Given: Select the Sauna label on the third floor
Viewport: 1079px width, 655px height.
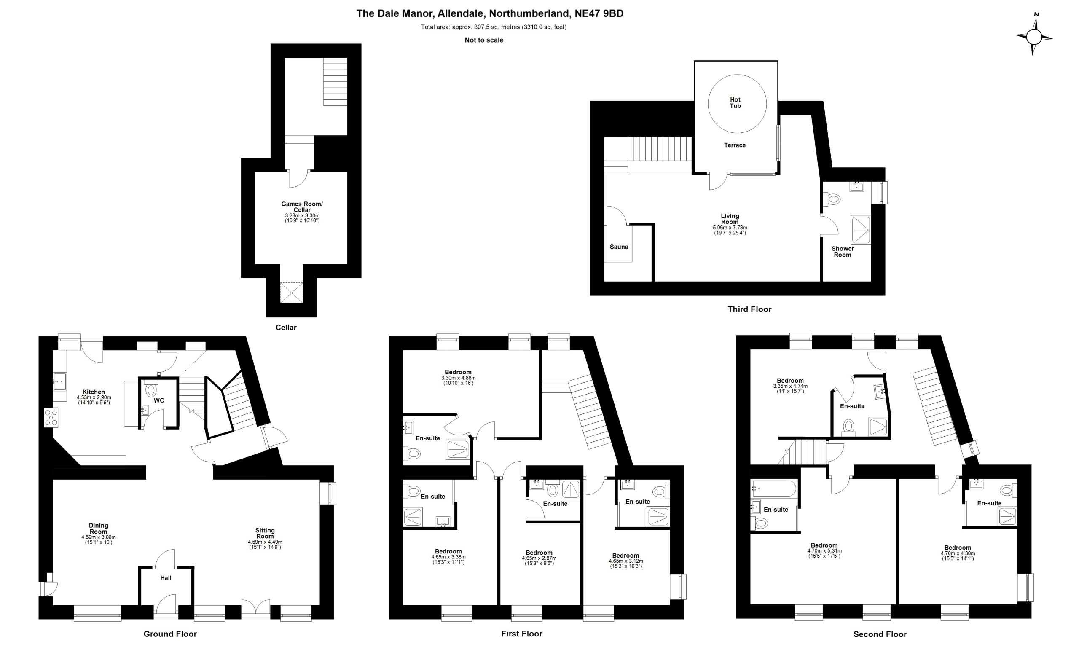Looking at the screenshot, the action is click(619, 247).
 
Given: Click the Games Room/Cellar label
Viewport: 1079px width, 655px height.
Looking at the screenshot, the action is click(302, 207).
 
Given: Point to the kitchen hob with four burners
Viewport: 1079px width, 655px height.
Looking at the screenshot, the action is click(51, 418).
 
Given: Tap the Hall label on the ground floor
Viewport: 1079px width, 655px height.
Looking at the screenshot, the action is click(166, 578).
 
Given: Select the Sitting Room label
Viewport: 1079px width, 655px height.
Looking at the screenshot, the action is click(265, 533).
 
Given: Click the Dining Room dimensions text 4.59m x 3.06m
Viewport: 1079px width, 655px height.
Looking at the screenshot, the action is click(99, 537).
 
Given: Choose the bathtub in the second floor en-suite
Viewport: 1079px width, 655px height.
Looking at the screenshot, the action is click(774, 488).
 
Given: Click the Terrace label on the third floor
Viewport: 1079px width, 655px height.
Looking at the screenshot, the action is click(734, 145).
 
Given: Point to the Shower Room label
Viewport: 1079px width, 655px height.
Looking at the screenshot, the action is click(843, 252).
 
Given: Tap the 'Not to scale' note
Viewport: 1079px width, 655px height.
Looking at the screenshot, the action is click(484, 40).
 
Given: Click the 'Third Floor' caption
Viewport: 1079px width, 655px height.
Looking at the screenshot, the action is click(749, 309).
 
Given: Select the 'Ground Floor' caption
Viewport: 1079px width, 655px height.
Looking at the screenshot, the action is click(170, 634).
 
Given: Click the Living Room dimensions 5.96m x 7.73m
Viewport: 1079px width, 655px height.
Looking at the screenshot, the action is click(730, 228).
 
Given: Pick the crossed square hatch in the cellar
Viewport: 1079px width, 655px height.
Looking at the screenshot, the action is click(292, 293).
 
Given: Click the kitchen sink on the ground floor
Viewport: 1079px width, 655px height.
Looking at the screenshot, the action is click(59, 381).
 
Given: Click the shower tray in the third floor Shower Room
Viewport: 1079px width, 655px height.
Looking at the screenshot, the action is click(861, 229).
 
